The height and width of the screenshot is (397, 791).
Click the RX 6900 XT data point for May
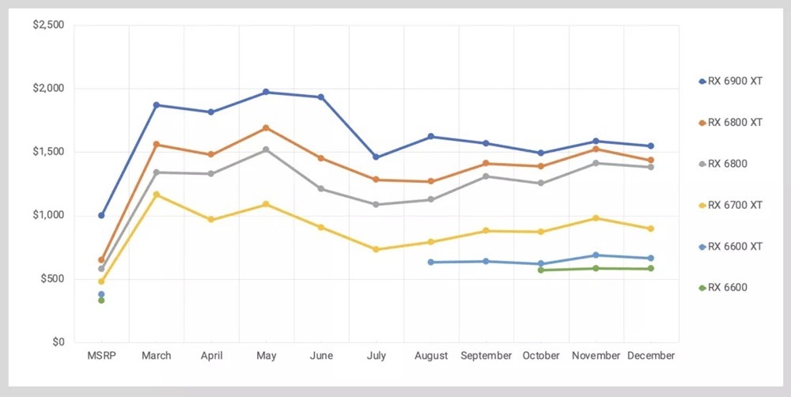(x=266, y=92)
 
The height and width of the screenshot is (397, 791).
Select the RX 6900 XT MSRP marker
(x=101, y=215)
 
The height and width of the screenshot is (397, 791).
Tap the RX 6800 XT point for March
(x=157, y=145)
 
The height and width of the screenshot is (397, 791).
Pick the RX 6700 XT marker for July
(x=376, y=249)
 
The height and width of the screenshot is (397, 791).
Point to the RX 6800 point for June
(x=321, y=189)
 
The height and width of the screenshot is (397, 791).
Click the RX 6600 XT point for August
(x=430, y=262)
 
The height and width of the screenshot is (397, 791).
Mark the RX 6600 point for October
(x=541, y=270)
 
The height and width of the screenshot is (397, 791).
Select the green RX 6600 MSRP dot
(x=101, y=301)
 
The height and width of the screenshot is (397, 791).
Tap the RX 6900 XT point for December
(x=650, y=146)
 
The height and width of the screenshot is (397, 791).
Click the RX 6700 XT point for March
(x=157, y=195)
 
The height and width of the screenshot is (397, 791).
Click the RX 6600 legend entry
(x=723, y=287)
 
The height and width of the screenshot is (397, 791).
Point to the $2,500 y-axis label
(x=47, y=25)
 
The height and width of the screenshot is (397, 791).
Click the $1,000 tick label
(x=47, y=215)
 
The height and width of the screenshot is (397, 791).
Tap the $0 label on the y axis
(x=59, y=342)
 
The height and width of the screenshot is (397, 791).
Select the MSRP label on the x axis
(x=101, y=356)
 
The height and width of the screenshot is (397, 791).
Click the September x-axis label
(x=486, y=356)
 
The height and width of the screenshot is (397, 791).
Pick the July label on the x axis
(x=376, y=356)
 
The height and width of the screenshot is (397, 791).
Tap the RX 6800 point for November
(x=596, y=163)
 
